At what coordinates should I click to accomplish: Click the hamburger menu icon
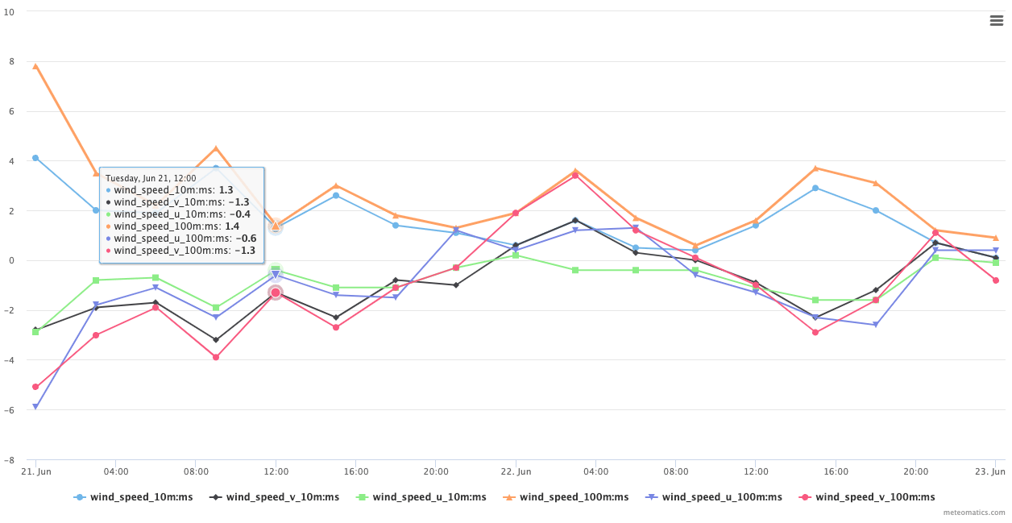997,21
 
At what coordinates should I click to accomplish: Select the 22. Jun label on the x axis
516,471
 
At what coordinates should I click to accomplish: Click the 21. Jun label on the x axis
35,471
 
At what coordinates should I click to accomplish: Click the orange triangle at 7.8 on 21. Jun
35,66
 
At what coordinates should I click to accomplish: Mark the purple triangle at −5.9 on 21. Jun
35,407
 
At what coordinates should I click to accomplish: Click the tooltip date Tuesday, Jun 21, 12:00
151,178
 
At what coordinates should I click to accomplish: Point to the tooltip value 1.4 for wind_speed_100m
232,226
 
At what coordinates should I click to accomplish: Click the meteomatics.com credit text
974,513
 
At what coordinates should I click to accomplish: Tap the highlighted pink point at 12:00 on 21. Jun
276,293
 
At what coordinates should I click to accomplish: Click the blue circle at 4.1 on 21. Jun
35,158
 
